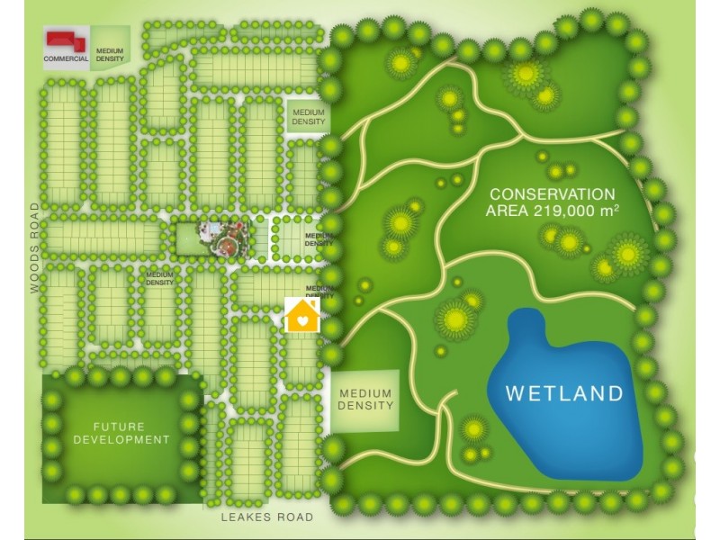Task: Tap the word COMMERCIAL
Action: pyautogui.click(x=66, y=59)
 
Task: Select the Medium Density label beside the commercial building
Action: pyautogui.click(x=110, y=55)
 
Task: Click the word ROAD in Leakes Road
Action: pyautogui.click(x=295, y=517)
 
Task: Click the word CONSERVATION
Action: pyautogui.click(x=553, y=194)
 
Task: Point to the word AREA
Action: pyautogui.click(x=507, y=211)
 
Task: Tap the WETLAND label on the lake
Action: pyautogui.click(x=564, y=393)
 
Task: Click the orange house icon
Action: pyautogui.click(x=302, y=316)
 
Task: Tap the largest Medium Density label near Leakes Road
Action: pyautogui.click(x=365, y=400)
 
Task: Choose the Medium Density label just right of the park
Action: pyautogui.click(x=319, y=239)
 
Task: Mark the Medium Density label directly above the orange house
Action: pyautogui.click(x=319, y=292)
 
